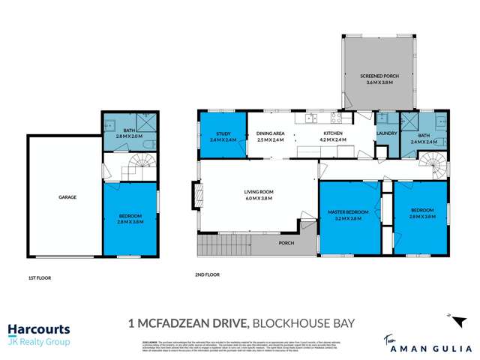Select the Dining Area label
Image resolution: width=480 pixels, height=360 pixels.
pyautogui.click(x=270, y=134)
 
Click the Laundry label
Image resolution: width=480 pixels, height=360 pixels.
pyautogui.click(x=386, y=134)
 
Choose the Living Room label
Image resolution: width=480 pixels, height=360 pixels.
pyautogui.click(x=257, y=193)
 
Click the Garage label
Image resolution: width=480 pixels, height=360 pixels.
pyautogui.click(x=68, y=197)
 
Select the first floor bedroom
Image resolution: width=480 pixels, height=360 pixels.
pyautogui.click(x=130, y=219)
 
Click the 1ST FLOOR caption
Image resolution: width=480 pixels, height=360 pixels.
pyautogui.click(x=38, y=277)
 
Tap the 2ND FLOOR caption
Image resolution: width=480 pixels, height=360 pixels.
pyautogui.click(x=207, y=275)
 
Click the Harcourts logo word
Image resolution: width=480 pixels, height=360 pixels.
pyautogui.click(x=39, y=329)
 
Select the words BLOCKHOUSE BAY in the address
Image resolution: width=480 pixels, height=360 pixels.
pyautogui.click(x=303, y=323)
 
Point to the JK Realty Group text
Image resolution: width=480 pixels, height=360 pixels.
pyautogui.click(x=39, y=343)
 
